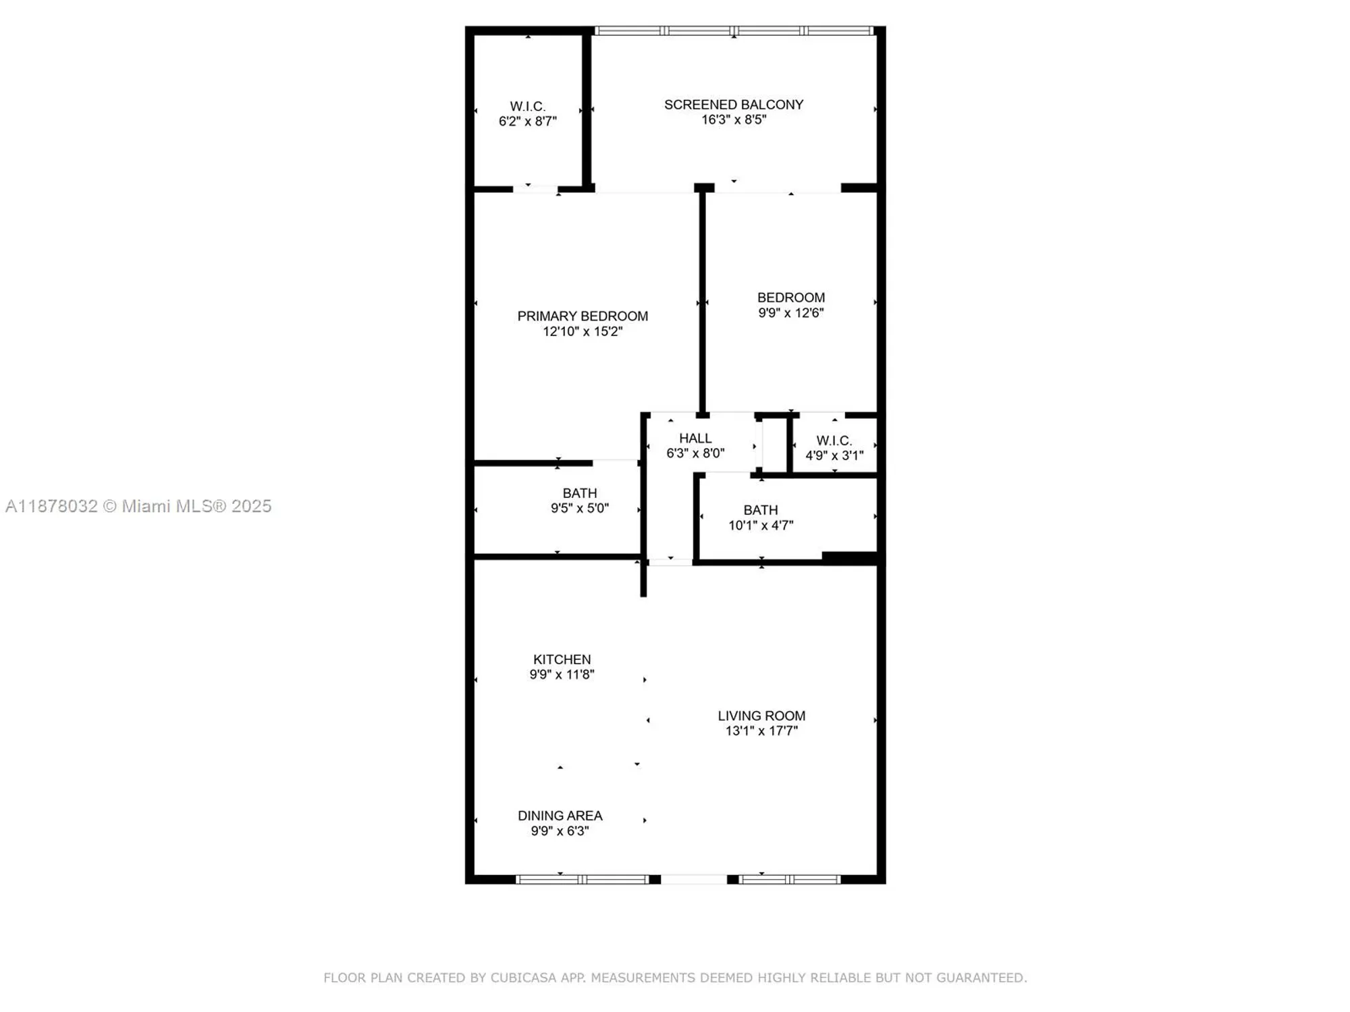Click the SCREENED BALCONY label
[734, 105]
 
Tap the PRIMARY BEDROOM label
[583, 316]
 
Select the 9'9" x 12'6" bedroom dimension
[790, 313]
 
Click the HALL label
[695, 438]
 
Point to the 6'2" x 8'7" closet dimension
[527, 121]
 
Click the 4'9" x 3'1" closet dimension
[834, 455]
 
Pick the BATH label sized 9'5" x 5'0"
[580, 493]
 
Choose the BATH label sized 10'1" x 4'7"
[761, 510]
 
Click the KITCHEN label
[562, 659]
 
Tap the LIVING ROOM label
[761, 716]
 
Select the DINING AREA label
[560, 816]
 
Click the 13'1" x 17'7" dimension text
[761, 731]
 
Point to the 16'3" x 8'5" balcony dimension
[734, 119]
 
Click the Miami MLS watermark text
[138, 506]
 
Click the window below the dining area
[582, 880]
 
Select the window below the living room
[789, 880]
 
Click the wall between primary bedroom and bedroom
[702, 304]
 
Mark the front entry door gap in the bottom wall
[693, 880]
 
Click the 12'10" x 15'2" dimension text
[583, 331]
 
